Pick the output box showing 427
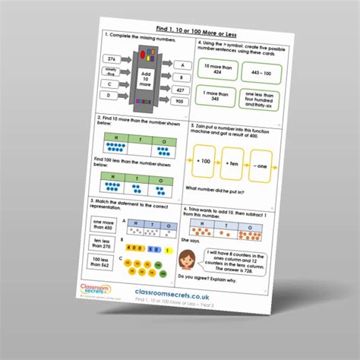point(180,89)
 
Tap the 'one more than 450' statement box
point(101,226)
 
